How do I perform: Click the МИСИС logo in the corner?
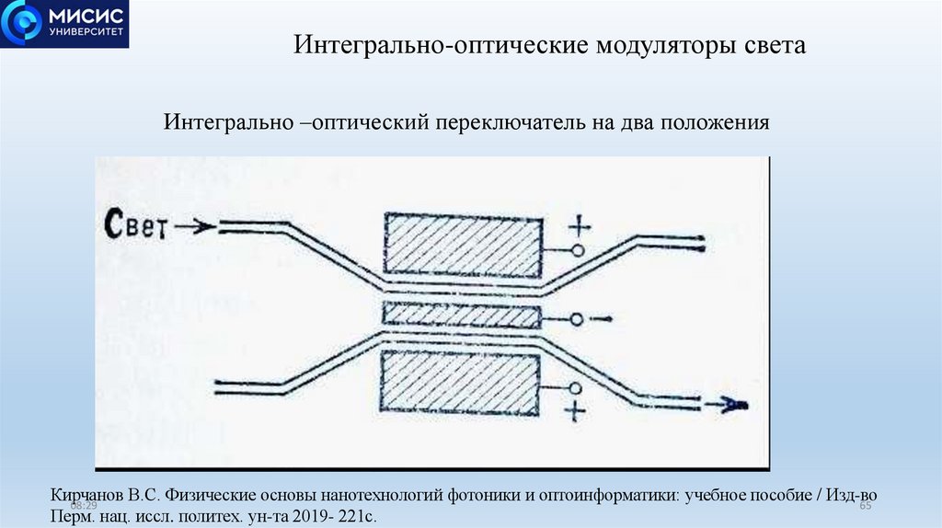[x=64, y=25]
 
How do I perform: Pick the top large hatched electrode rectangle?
[x=463, y=245]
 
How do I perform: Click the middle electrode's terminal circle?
[x=576, y=319]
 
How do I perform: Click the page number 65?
[x=865, y=506]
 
